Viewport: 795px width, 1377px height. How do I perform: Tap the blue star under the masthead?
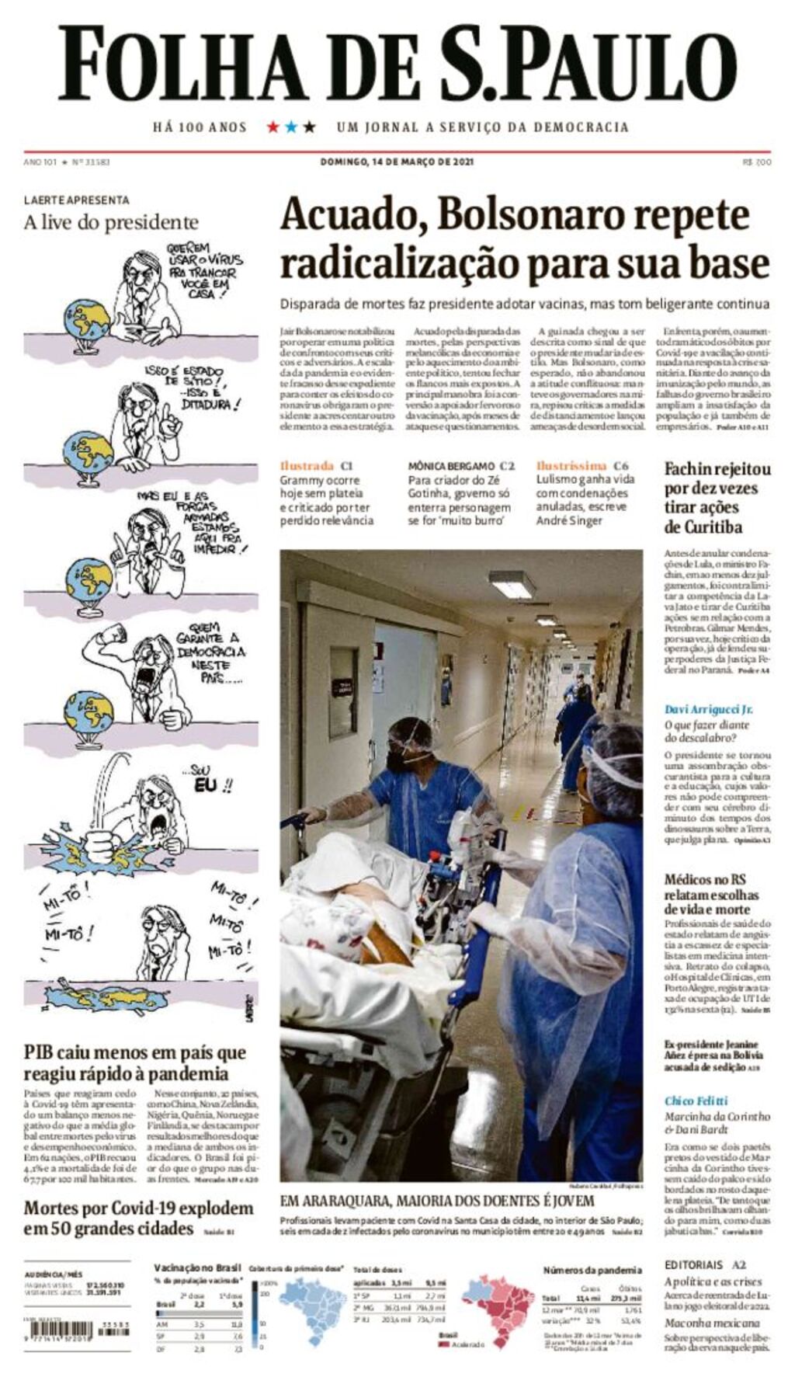[290, 127]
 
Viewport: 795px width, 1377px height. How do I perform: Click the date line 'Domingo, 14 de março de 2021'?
[397, 162]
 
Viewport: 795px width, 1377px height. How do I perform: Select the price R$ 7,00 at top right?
[756, 162]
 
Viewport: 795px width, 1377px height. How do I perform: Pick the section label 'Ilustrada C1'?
[316, 466]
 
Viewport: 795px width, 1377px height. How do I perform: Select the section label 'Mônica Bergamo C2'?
[461, 466]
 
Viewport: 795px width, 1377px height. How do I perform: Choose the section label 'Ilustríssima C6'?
[581, 466]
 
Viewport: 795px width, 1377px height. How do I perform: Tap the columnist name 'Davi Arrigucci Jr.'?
[708, 709]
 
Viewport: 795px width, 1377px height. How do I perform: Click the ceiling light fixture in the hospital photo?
[512, 584]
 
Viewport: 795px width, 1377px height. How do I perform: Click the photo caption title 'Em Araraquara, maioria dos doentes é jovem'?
[437, 1201]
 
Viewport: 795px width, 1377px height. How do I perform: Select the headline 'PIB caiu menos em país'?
[134, 1053]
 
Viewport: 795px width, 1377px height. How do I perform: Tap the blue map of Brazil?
[314, 1313]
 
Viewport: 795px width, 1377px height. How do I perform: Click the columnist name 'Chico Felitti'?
[696, 1101]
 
